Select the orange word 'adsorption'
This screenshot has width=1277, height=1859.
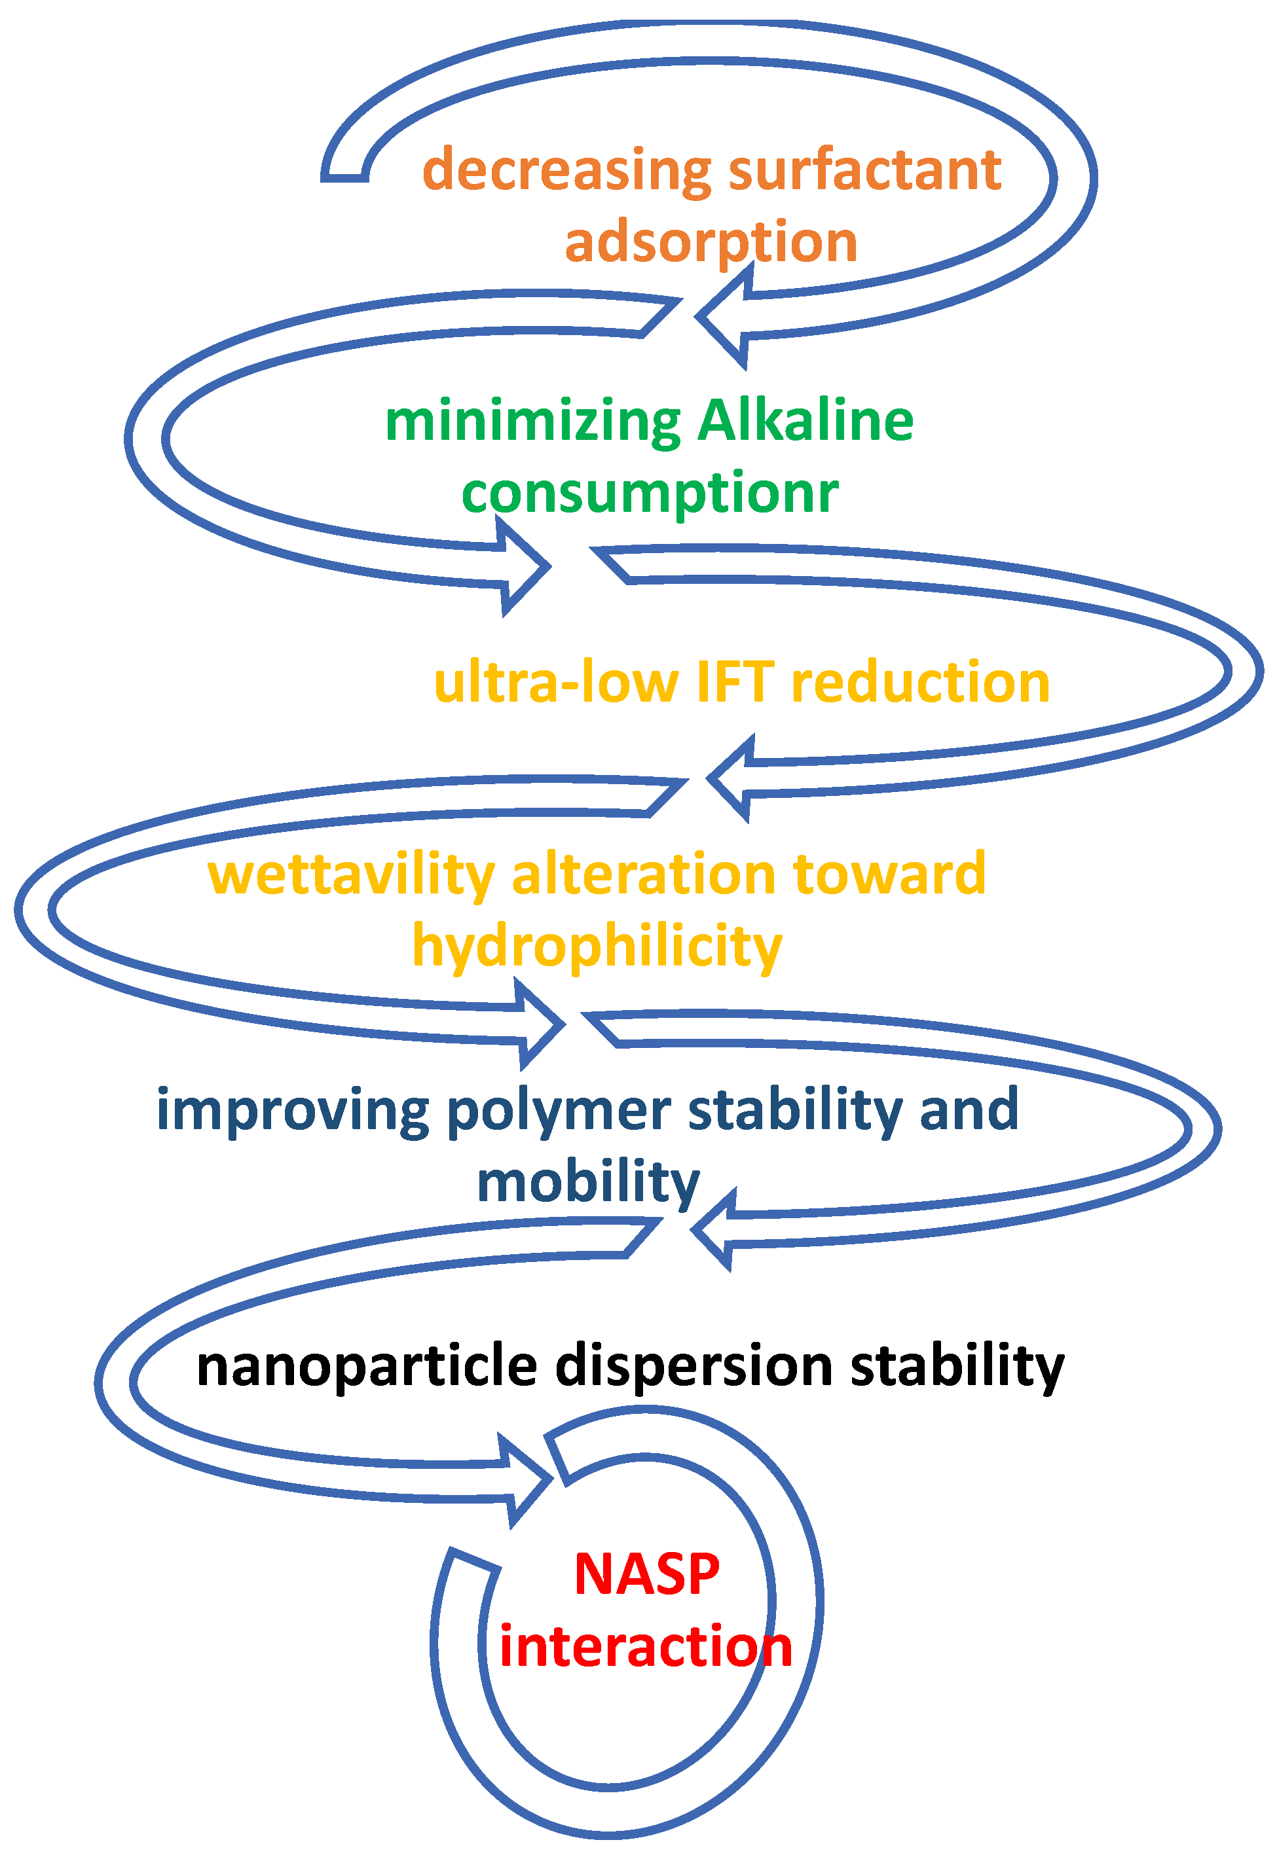click(x=711, y=242)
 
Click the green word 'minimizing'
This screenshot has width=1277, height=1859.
click(x=533, y=422)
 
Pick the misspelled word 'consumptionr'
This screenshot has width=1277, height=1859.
click(x=650, y=494)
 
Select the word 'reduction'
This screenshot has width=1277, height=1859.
click(x=920, y=684)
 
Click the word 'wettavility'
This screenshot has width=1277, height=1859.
click(x=351, y=875)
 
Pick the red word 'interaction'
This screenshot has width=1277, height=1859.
click(x=645, y=1646)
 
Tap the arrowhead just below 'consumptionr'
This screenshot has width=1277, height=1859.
click(x=524, y=566)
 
